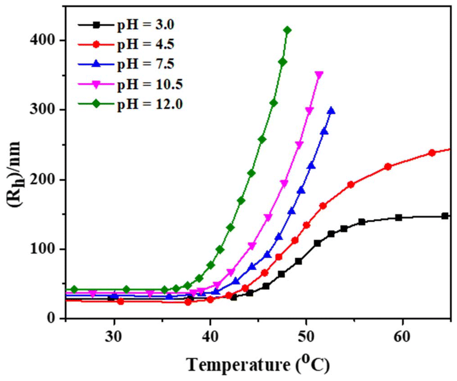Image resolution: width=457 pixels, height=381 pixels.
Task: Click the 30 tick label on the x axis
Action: [x=114, y=335]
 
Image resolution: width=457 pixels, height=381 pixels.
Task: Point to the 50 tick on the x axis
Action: [x=306, y=335]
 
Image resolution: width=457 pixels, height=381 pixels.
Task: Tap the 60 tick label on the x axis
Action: [x=402, y=335]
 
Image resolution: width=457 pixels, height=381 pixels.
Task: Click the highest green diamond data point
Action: [x=287, y=30]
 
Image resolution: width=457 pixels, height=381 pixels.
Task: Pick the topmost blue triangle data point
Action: [x=331, y=110]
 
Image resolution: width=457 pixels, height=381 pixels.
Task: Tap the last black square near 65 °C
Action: [x=445, y=216]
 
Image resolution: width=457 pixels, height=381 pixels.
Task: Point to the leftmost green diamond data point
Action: [x=74, y=289]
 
